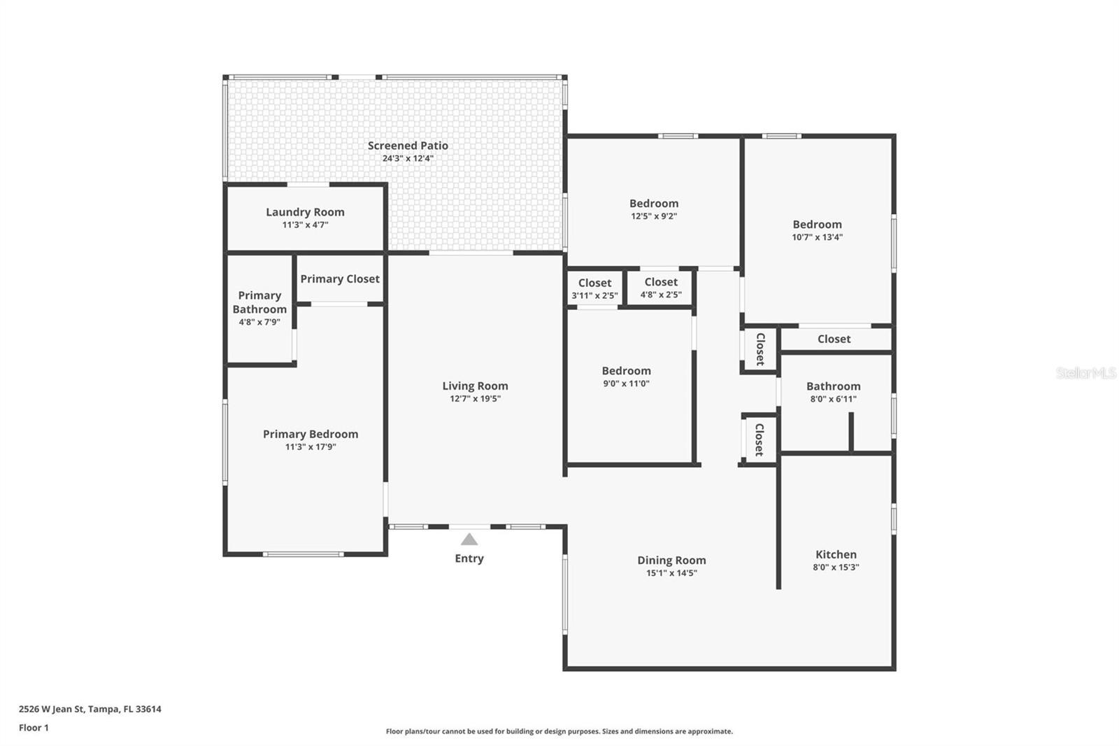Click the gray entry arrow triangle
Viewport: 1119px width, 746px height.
point(469,540)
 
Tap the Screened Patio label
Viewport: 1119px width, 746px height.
point(408,146)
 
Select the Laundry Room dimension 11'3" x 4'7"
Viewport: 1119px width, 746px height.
point(305,225)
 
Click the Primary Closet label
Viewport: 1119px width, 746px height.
point(340,279)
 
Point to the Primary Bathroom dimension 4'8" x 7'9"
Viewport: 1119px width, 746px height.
point(259,322)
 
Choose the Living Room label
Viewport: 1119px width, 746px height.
point(475,386)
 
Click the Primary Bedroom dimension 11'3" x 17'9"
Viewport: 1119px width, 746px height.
point(311,447)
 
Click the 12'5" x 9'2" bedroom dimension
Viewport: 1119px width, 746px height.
point(654,216)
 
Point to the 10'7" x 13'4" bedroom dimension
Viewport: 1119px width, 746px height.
point(818,237)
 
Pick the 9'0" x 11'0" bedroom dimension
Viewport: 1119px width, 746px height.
point(626,383)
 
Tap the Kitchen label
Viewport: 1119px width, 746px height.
point(836,554)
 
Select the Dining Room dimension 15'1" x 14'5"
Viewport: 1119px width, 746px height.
point(671,573)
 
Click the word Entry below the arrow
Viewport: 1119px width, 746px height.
point(469,558)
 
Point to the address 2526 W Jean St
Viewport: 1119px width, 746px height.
point(52,709)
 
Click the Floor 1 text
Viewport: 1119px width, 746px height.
point(34,728)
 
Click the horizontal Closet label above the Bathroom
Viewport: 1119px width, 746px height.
point(834,339)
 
